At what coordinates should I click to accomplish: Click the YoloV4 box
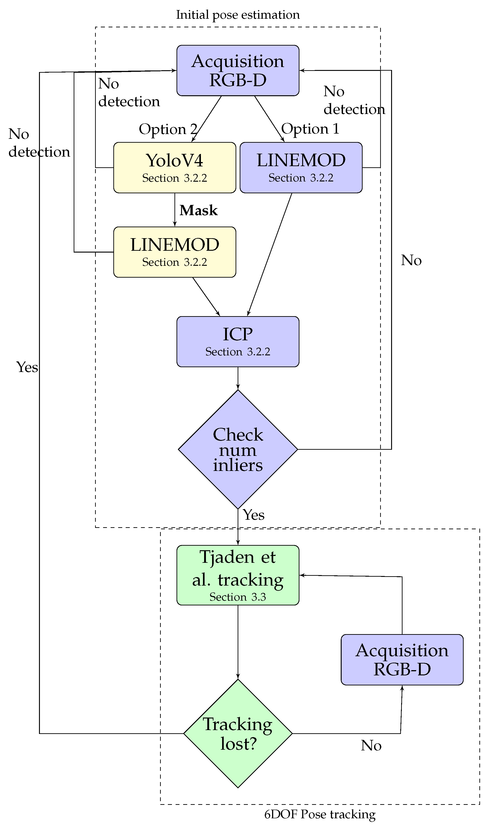point(175,168)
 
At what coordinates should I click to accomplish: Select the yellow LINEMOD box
point(175,252)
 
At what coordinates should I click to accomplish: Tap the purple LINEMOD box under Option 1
point(301,168)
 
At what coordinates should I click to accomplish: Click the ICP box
point(238,342)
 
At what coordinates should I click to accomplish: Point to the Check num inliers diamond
point(238,449)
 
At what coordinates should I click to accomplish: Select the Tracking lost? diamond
point(238,733)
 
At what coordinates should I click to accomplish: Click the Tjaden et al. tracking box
point(238,575)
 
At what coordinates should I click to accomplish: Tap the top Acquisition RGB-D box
point(238,70)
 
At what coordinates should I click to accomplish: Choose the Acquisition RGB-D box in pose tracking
point(402,660)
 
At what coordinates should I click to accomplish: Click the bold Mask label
point(198,211)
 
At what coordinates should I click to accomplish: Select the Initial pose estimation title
point(238,15)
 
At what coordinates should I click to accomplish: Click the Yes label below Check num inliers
point(254,515)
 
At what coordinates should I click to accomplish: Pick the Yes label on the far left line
point(27,367)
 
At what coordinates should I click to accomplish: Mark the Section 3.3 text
point(238,597)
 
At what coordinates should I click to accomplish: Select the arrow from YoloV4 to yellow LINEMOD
point(175,210)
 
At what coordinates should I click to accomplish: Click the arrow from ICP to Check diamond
point(238,378)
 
